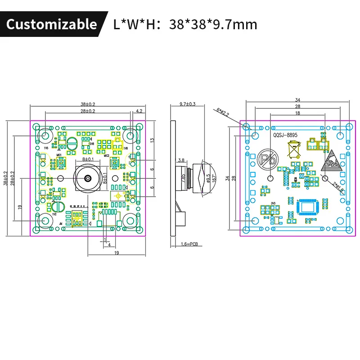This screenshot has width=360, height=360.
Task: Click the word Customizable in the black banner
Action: pos(51,24)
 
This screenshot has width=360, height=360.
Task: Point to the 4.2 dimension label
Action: pos(139,110)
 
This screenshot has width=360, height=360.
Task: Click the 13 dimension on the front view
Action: pos(152,140)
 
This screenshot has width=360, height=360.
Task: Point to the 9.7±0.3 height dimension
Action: pos(187,104)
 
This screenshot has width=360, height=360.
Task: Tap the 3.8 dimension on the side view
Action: pos(181,160)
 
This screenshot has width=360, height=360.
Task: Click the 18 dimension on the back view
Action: pos(297,113)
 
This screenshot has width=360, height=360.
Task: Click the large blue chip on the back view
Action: pos(308,207)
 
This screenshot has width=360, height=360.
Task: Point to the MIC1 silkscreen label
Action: pos(58,155)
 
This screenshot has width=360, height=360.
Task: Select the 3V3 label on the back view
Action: pos(273,204)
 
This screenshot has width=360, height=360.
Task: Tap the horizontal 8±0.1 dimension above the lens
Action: pos(88,160)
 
